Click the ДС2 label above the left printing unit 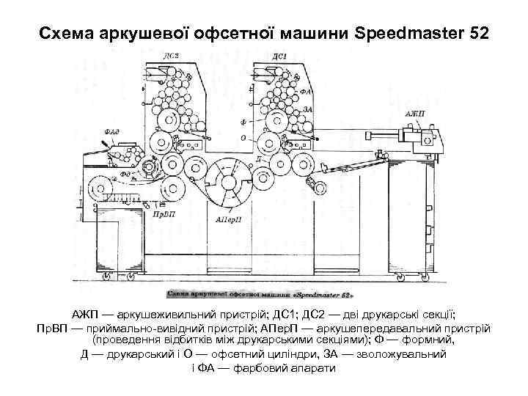[x=170, y=56]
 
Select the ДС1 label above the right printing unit [x=279, y=56]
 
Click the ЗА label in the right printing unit [x=307, y=108]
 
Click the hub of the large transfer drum [x=230, y=181]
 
